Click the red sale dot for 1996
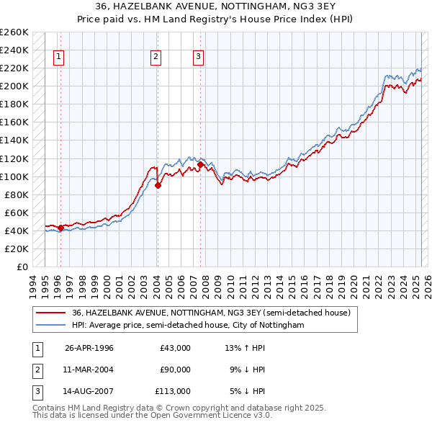(60, 228)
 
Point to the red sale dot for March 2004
(158, 185)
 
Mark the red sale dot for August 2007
(199, 164)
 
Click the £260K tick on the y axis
(14, 32)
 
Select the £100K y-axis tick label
(14, 176)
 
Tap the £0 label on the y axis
(22, 267)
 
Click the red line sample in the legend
(51, 313)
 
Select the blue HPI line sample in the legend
(51, 326)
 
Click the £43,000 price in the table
(175, 348)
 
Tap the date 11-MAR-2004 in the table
(89, 370)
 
